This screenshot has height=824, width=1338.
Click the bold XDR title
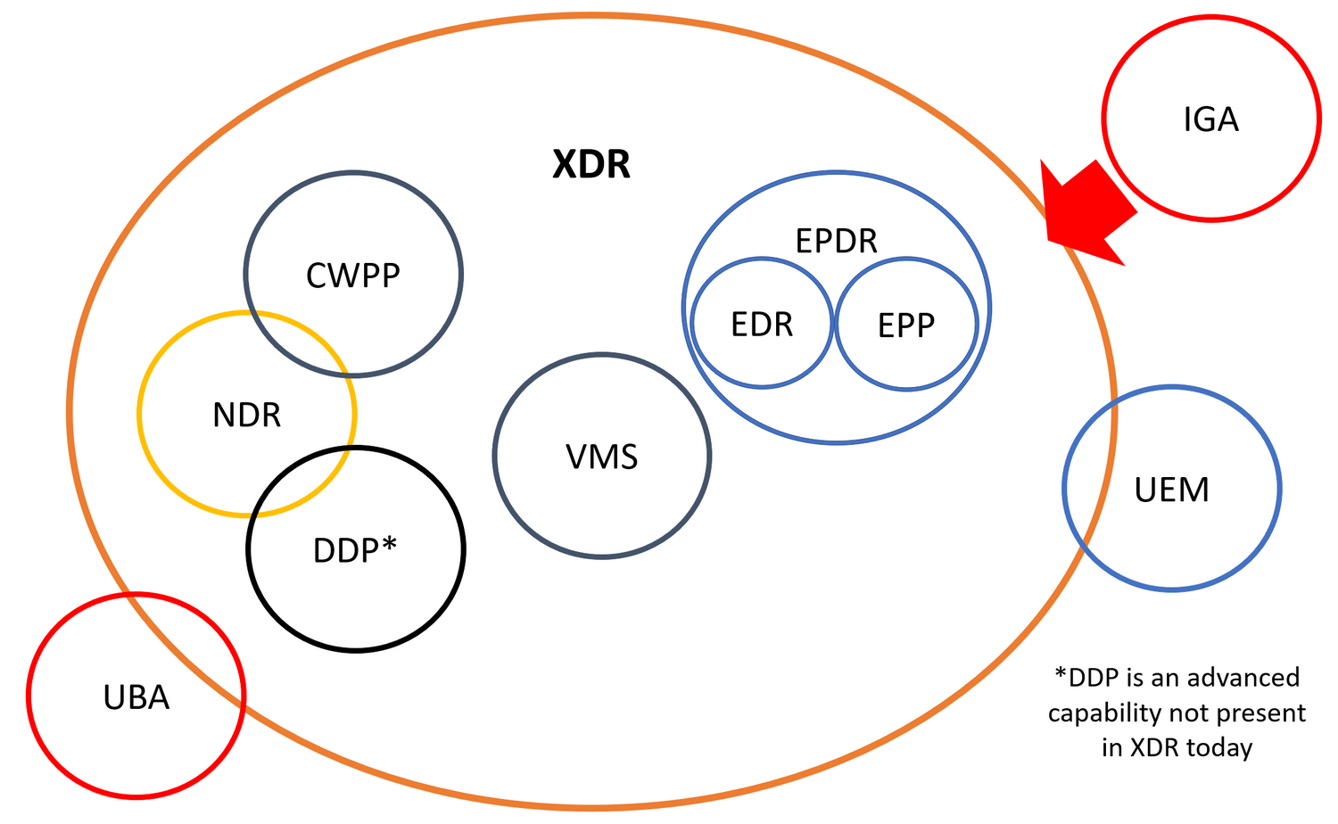tap(591, 165)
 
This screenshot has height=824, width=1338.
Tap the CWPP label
tap(353, 276)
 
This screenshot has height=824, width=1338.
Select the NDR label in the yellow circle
tap(247, 416)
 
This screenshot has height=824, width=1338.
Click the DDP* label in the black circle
tap(354, 550)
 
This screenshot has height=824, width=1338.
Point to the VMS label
tap(602, 457)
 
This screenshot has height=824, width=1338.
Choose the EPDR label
tap(836, 241)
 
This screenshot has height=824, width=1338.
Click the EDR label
tap(762, 325)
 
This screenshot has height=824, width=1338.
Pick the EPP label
tap(906, 325)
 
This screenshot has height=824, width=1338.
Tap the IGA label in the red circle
tap(1210, 119)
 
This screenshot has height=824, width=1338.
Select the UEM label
tap(1171, 490)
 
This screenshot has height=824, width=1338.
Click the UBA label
tap(136, 697)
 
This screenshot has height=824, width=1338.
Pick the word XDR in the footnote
tap(1154, 747)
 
